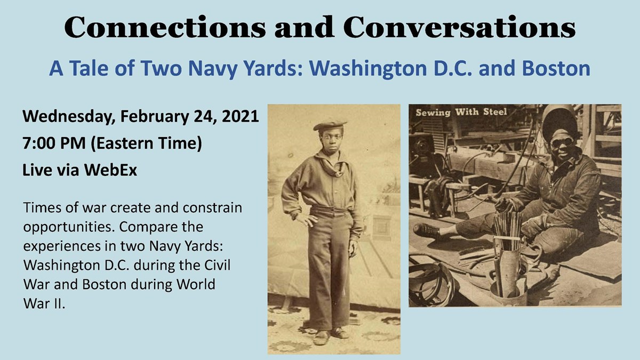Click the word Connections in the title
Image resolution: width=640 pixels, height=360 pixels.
[165, 27]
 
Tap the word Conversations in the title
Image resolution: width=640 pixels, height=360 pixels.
[459, 27]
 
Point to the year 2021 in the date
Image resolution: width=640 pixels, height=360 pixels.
[240, 116]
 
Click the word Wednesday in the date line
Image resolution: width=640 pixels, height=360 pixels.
[69, 117]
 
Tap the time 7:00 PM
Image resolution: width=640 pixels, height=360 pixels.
[54, 143]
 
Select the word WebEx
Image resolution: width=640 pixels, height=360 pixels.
[110, 170]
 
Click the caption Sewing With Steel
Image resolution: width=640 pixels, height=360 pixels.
[461, 112]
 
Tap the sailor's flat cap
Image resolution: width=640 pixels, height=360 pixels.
[330, 125]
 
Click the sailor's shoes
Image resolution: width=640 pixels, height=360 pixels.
[331, 335]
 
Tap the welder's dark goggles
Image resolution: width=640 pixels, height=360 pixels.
[562, 142]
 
